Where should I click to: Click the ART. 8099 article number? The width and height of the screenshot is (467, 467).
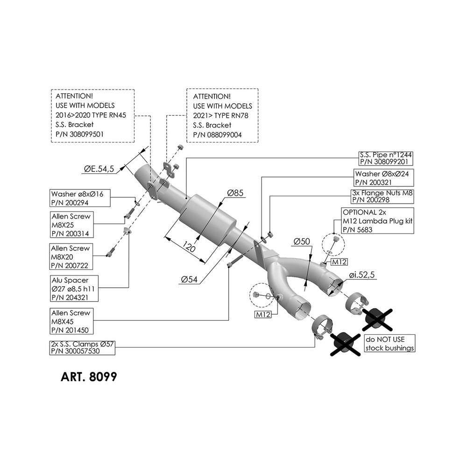click(x=88, y=377)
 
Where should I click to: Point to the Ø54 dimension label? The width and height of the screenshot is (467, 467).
click(x=191, y=279)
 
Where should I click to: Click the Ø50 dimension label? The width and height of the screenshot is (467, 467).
click(x=302, y=241)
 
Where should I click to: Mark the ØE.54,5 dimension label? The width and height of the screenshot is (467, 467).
click(x=99, y=170)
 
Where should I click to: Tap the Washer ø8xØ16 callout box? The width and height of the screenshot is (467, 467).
click(x=79, y=198)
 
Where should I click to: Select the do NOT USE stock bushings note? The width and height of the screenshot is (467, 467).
click(x=389, y=344)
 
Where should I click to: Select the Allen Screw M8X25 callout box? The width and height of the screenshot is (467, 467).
click(x=71, y=225)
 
